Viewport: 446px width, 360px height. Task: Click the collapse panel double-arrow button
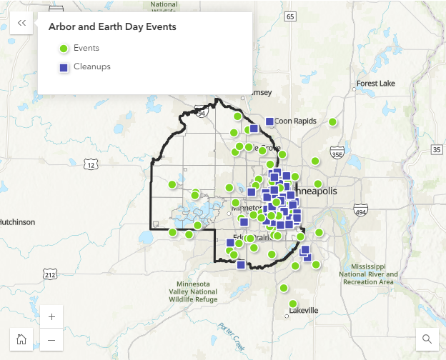click(21, 24)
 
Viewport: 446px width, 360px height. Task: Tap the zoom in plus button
click(51, 316)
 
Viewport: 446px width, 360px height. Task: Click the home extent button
click(21, 339)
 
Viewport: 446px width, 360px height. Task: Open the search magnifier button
click(427, 339)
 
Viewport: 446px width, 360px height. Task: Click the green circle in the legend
click(64, 49)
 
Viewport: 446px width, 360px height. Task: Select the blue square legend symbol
click(64, 67)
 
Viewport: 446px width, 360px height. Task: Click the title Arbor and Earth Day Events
click(112, 27)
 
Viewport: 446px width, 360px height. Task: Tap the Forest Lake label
click(375, 84)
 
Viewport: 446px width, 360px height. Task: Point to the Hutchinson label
click(16, 222)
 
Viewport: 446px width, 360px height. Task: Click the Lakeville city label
click(304, 311)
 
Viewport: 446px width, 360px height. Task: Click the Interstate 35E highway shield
click(337, 154)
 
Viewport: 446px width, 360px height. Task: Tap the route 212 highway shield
click(49, 274)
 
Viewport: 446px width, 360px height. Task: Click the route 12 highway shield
click(89, 165)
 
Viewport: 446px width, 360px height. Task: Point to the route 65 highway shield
click(289, 16)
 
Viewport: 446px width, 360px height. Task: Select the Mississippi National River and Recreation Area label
click(367, 272)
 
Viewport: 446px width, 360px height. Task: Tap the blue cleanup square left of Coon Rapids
click(269, 121)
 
